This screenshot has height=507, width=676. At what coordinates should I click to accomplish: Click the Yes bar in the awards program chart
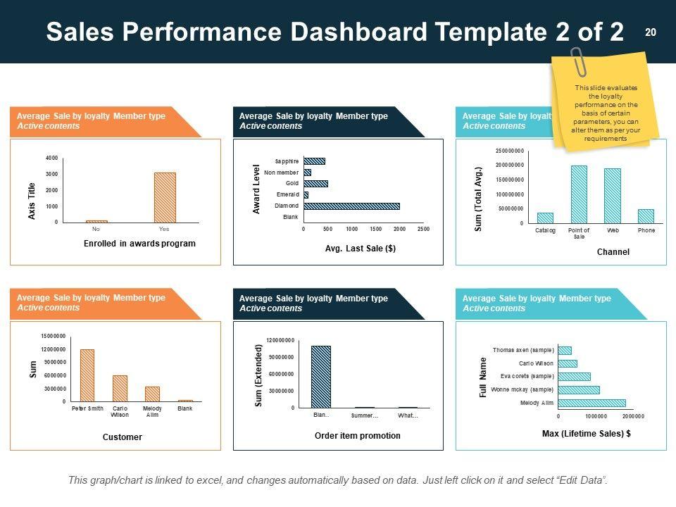[x=165, y=197]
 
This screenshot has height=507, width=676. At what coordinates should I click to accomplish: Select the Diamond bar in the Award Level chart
[x=351, y=206]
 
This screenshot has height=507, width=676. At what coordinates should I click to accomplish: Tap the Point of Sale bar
[x=579, y=194]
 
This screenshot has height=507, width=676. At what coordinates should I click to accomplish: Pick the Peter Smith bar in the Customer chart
[x=87, y=375]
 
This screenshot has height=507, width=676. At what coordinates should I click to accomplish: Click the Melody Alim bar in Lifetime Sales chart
[x=591, y=403]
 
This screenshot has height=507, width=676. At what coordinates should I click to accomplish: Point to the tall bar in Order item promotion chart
[x=320, y=377]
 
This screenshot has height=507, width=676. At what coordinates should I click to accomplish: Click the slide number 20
[x=650, y=32]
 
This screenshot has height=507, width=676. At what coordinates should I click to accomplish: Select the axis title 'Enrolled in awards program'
[x=139, y=244]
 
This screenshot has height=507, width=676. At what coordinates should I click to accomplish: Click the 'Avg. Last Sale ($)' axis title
[x=361, y=249]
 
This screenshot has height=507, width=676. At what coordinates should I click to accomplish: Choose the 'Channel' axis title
[x=613, y=251]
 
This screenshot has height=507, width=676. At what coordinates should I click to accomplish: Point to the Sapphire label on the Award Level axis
[x=287, y=161]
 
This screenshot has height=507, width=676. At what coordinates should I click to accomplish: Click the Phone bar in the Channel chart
[x=646, y=216]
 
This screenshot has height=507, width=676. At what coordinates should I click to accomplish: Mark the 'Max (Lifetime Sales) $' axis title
[x=587, y=434]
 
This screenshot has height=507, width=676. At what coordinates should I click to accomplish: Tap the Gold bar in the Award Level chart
[x=315, y=184]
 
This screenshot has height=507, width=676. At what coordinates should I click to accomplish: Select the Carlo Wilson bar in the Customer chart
[x=120, y=388]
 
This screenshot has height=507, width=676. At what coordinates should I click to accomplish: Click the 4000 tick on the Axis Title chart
[x=53, y=158]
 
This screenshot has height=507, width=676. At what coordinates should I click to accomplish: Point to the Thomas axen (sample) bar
[x=564, y=350]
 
